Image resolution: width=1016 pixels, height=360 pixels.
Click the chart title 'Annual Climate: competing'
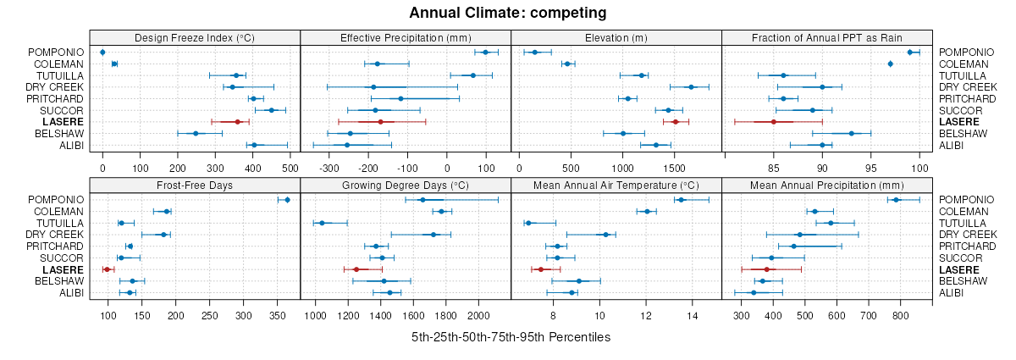pos(508,13)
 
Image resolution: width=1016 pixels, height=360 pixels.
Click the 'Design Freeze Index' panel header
pos(195,37)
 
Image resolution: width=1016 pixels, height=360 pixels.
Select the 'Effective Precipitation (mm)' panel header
pos(406,37)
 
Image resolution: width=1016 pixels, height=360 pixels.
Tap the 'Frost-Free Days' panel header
pos(195,185)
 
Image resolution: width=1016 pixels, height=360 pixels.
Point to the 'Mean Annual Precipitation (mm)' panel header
pos(826,185)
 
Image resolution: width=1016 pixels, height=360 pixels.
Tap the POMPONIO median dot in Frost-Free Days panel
pos(287,200)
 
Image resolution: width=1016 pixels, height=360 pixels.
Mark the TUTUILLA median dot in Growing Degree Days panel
pos(322,223)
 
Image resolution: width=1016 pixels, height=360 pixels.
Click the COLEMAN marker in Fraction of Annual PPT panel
pos(890,64)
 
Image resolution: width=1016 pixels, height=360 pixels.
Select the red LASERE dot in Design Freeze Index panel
pos(238,122)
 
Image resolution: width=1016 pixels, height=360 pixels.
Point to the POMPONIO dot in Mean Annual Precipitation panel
pos(896,200)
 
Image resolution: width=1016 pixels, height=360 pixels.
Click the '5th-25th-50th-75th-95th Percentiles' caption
pos(511,337)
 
